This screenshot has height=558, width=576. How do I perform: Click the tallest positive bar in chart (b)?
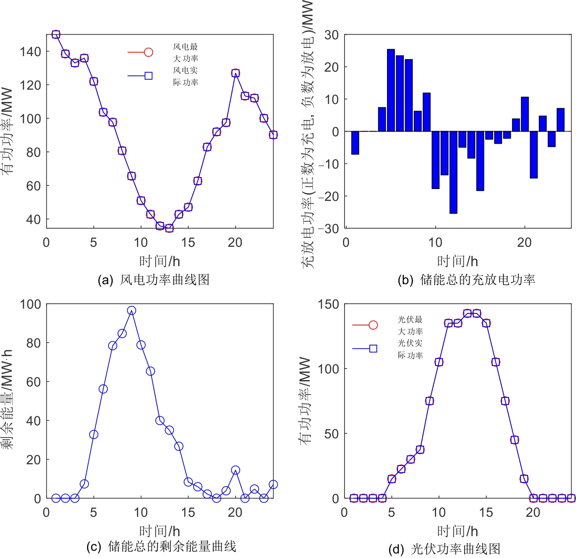pyautogui.click(x=391, y=90)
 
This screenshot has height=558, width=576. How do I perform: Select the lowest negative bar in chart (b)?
pyautogui.click(x=453, y=173)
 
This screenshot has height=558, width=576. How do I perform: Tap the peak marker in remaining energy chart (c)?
pyautogui.click(x=131, y=310)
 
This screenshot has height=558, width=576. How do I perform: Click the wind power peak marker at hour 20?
pyautogui.click(x=235, y=73)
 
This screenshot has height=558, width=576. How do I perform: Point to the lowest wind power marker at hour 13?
pyautogui.click(x=169, y=228)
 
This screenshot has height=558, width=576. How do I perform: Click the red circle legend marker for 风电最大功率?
pyautogui.click(x=149, y=52)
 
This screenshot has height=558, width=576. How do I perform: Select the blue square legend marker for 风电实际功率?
pyautogui.click(x=149, y=76)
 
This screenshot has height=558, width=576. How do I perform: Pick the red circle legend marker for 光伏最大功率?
pyautogui.click(x=373, y=325)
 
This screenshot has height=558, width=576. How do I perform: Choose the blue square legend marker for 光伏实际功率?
pyautogui.click(x=373, y=349)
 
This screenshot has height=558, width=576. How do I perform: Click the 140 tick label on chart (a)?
pyautogui.click(x=31, y=52)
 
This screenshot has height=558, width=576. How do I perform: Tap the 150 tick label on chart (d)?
pyautogui.click(x=328, y=305)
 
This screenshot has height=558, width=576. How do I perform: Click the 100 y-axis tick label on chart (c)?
pyautogui.click(x=31, y=305)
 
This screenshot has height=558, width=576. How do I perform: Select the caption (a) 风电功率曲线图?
pyautogui.click(x=153, y=280)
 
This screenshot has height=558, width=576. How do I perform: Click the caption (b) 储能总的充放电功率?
pyautogui.click(x=466, y=280)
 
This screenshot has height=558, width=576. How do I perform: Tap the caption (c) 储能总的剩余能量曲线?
pyautogui.click(x=161, y=546)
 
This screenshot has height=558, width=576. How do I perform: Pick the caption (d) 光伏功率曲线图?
pyautogui.click(x=444, y=549)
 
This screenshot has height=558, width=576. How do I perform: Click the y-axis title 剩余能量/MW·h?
pyautogui.click(x=7, y=400)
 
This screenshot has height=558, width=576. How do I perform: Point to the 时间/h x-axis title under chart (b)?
pyautogui.click(x=457, y=261)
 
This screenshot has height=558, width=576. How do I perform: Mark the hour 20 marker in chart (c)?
pyautogui.click(x=235, y=470)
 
